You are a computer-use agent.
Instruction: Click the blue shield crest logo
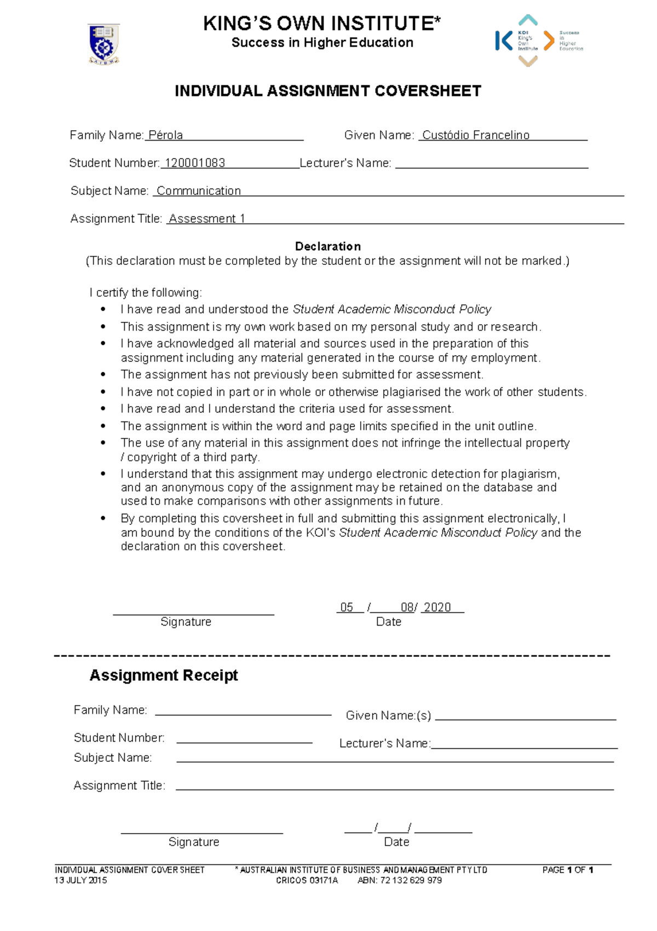point(103,44)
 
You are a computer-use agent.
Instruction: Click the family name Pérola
point(165,135)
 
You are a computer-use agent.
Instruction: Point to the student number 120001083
point(195,163)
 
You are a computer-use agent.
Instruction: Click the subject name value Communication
point(199,191)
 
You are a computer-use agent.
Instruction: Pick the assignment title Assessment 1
point(207,219)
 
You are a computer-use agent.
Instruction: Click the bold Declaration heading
point(327,246)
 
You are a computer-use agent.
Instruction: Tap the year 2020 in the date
point(437,608)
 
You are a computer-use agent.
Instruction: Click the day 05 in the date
point(347,608)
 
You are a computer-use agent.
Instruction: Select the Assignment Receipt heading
point(164,675)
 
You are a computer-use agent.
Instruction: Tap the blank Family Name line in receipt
point(243,714)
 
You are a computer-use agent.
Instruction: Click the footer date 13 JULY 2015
point(80,881)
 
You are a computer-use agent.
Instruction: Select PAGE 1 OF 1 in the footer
point(568,870)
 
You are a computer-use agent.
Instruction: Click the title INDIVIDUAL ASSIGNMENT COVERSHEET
point(327,91)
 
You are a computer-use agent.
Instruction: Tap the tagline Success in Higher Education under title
point(322,43)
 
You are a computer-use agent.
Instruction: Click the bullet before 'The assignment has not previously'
point(103,375)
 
